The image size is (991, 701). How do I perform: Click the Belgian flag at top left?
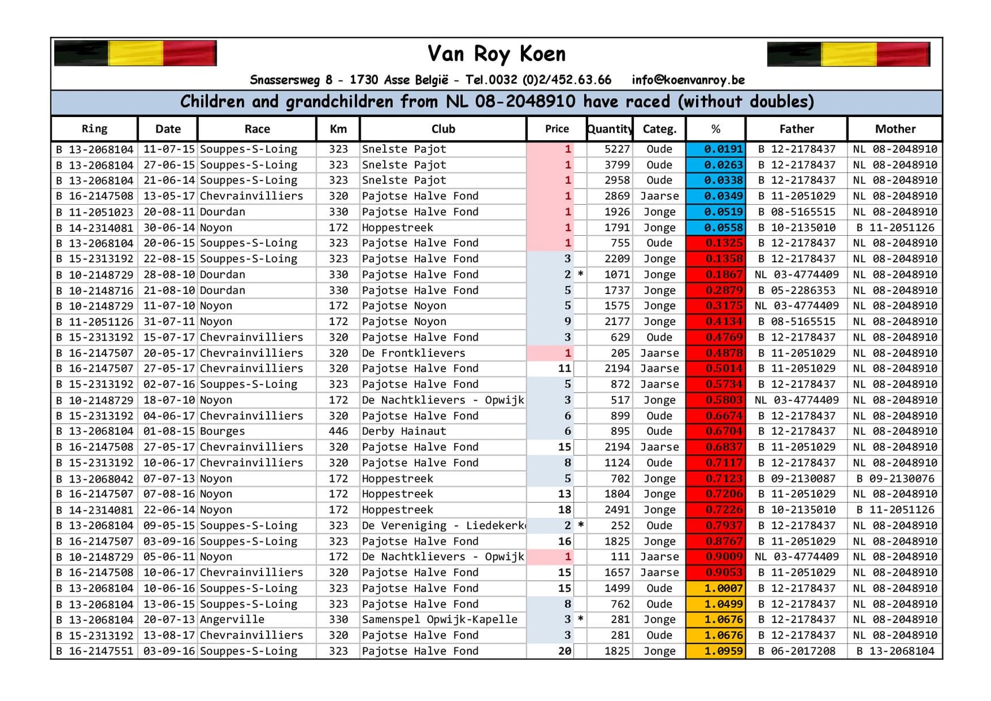pos(135,54)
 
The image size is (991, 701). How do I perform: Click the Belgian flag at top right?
pos(848,54)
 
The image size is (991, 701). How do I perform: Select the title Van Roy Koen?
pos(496,54)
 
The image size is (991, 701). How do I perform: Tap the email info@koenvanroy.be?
pos(688,80)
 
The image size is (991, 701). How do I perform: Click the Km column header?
pos(338,129)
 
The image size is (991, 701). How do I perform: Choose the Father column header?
pos(796,129)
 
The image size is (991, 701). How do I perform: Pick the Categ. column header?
pos(659,129)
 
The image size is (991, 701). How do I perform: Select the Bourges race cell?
pos(222,431)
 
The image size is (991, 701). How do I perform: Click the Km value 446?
pos(338,431)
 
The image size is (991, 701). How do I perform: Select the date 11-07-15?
pos(168,149)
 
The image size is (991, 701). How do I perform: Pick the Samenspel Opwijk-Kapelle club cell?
pos(440,620)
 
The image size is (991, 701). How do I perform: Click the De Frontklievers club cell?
pos(413,353)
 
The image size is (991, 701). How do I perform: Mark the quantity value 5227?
pos(616,149)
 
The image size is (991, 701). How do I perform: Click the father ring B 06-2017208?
pos(796,651)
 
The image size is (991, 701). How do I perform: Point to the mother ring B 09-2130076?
pos(895,478)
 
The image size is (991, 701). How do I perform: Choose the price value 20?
pos(564,651)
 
